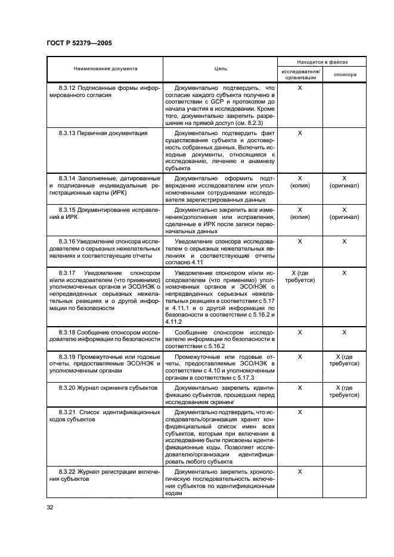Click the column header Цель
pos(221,68)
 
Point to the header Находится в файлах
pos(322,62)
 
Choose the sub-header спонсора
pos(345,75)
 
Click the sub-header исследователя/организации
pos(300,74)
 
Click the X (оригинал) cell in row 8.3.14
pos(344,182)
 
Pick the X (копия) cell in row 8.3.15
pos(300,214)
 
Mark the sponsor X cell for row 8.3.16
pos(344,241)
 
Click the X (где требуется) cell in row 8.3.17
pos(300,276)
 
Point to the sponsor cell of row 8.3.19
pos(344,360)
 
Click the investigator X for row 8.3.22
pos(300,471)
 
